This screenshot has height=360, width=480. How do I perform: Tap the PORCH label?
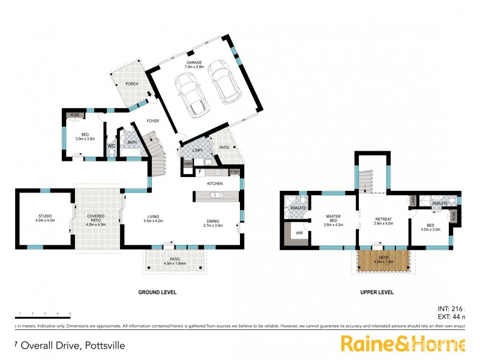(131, 84)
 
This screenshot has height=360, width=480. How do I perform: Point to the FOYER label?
(153, 121)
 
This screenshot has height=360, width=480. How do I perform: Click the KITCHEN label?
(215, 184)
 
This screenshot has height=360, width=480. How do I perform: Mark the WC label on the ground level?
(111, 145)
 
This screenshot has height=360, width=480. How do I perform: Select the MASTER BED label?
(334, 219)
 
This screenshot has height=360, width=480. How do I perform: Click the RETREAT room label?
(383, 221)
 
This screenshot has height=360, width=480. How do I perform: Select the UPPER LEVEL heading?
(377, 292)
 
